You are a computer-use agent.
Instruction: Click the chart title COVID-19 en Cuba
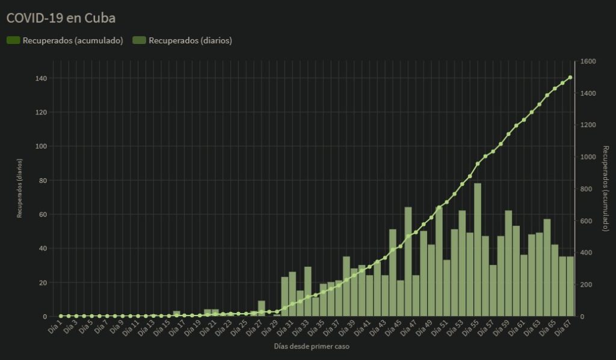pos(61,18)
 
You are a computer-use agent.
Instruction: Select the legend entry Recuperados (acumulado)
pos(65,40)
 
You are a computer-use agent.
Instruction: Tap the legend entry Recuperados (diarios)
pos(182,40)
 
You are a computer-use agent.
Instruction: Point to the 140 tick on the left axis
pos(41,78)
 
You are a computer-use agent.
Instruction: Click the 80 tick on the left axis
pos(43,181)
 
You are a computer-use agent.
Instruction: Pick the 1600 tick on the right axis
pos(588,61)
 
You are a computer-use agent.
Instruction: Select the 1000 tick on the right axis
pos(588,157)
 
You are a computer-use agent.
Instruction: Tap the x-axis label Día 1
pos(55,327)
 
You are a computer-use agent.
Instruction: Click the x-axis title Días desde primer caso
pos(312,346)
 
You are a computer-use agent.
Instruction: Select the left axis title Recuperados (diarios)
pos(20,188)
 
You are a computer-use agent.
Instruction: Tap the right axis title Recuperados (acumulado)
pos(605,188)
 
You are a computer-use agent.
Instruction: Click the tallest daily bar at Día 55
pos(478,250)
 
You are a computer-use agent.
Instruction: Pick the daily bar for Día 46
pos(408,261)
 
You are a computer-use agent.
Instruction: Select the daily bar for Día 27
pos(262,308)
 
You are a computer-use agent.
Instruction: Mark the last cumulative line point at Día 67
pos(570,78)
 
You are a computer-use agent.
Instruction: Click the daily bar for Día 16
pos(177,314)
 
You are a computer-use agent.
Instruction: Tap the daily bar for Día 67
pos(570,286)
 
